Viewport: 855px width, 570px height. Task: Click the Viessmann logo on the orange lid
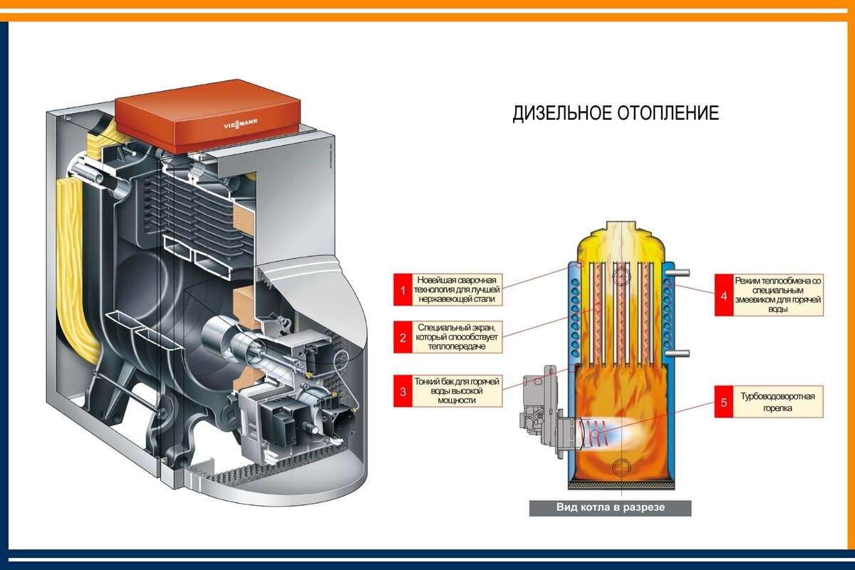pyautogui.click(x=240, y=124)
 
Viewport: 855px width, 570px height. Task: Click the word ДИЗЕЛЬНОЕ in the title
pyautogui.click(x=562, y=113)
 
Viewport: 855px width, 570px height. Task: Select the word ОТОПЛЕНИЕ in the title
pyautogui.click(x=668, y=113)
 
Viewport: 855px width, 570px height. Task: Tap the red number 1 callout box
pyautogui.click(x=403, y=289)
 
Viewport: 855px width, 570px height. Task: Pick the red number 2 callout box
pyautogui.click(x=403, y=337)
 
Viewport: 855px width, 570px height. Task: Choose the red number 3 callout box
pyautogui.click(x=403, y=391)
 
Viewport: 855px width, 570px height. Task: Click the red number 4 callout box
pyautogui.click(x=724, y=295)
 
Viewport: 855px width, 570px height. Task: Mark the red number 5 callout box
pyautogui.click(x=724, y=402)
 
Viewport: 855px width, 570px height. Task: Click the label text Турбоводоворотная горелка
pyautogui.click(x=777, y=402)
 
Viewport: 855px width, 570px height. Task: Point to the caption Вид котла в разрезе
pyautogui.click(x=611, y=507)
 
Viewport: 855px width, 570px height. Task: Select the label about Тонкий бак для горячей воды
pyautogui.click(x=457, y=391)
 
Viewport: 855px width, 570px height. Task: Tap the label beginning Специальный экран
pyautogui.click(x=457, y=337)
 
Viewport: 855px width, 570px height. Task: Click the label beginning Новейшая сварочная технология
pyautogui.click(x=457, y=289)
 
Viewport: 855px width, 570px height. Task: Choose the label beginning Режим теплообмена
pyautogui.click(x=777, y=295)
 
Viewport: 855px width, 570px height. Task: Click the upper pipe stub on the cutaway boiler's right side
pyautogui.click(x=678, y=273)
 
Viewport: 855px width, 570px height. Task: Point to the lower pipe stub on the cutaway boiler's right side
pyautogui.click(x=678, y=353)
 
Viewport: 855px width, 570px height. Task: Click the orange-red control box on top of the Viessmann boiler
pyautogui.click(x=208, y=116)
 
